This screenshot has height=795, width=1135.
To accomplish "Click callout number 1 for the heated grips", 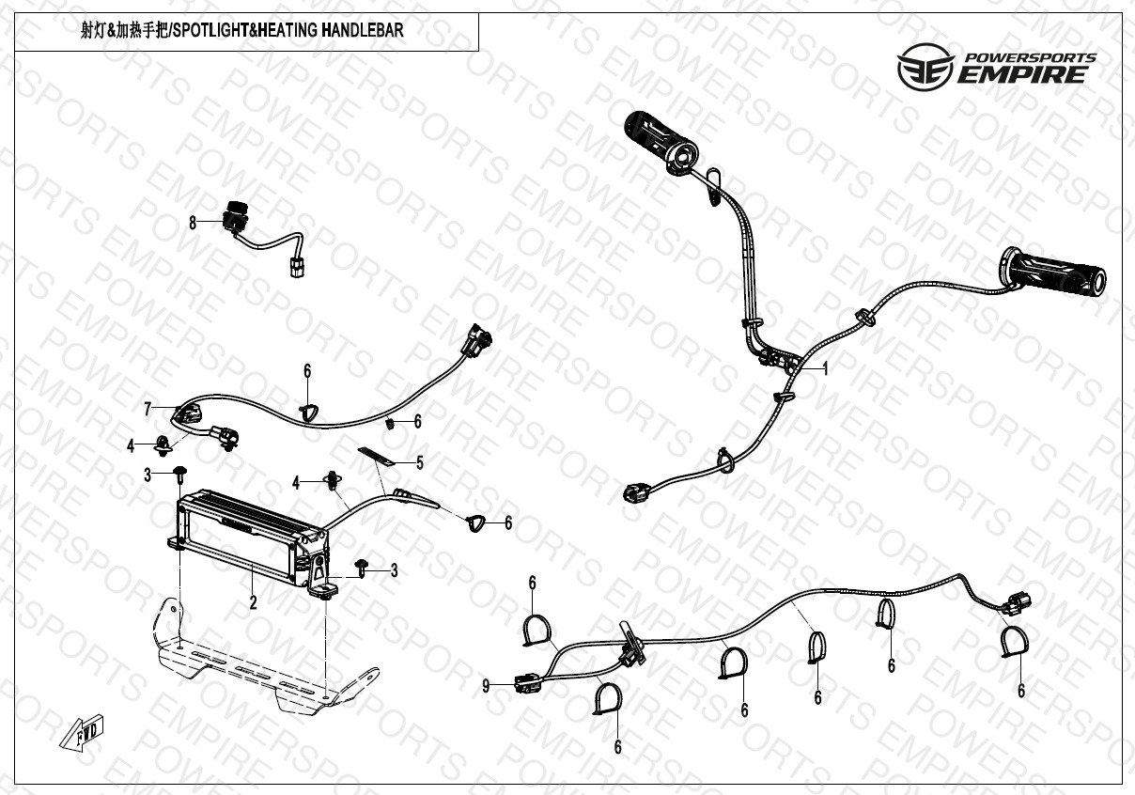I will tap(825, 369).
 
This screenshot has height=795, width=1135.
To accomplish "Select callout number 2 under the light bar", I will tap(253, 603).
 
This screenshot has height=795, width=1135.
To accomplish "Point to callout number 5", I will tap(419, 462).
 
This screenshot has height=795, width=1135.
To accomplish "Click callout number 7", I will tap(148, 408).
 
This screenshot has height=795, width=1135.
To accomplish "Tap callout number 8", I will tap(193, 223).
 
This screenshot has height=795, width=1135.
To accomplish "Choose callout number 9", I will tap(486, 687).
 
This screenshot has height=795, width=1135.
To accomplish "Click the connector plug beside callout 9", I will tap(526, 683).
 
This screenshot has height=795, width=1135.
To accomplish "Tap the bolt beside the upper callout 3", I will tap(178, 475).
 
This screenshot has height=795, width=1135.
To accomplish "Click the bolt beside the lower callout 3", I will tap(362, 567).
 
